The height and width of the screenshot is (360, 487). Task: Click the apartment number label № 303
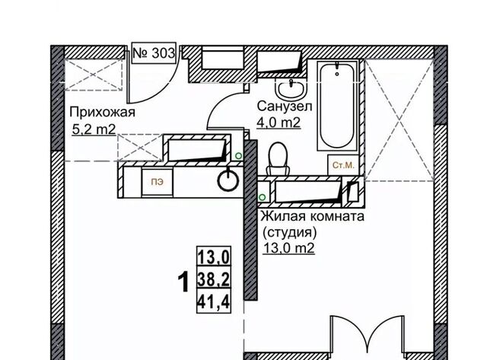pos(154,53)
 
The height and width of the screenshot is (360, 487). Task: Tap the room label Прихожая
pos(103,112)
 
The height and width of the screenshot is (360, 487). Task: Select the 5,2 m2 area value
pos(94,129)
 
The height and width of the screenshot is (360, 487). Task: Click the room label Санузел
pos(285,107)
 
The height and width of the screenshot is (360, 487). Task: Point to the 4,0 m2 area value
pos(279,122)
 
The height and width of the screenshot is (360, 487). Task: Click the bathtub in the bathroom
pos(337,106)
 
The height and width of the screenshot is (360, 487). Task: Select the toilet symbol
pos(279,159)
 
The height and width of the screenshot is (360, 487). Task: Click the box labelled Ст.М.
pos(343,165)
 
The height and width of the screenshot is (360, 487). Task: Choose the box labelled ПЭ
pos(158,182)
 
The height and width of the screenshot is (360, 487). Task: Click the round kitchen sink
pos(228,180)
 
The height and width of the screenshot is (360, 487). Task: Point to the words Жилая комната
pos(312,216)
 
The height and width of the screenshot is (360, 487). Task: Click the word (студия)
pos(289,232)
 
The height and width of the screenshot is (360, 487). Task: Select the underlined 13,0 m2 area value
pos(289,248)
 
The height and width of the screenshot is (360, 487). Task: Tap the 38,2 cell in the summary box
pos(214,280)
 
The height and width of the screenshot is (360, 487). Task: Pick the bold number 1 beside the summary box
pos(183,282)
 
